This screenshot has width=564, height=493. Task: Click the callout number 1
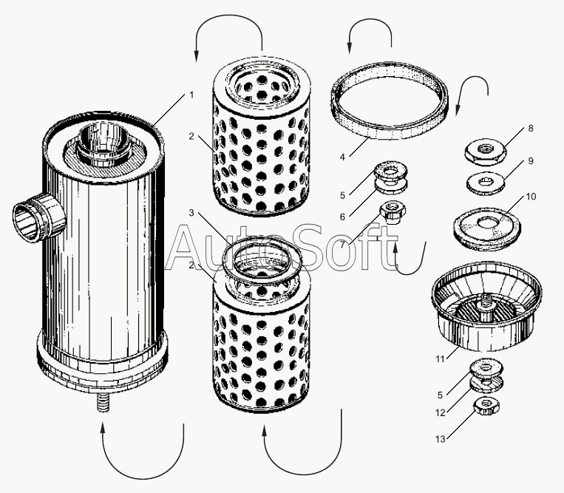pyautogui.click(x=191, y=95)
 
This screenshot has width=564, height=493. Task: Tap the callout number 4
pyautogui.click(x=342, y=157)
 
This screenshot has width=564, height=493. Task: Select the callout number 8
pyautogui.click(x=531, y=129)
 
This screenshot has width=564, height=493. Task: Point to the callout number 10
pyautogui.click(x=531, y=197)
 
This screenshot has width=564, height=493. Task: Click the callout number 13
pyautogui.click(x=441, y=439)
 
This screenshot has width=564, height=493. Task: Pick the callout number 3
pyautogui.click(x=191, y=213)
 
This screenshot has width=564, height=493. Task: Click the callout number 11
pyautogui.click(x=440, y=359)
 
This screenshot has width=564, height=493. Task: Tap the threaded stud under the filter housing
pyautogui.click(x=103, y=403)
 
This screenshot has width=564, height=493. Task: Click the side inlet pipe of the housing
pyautogui.click(x=39, y=218)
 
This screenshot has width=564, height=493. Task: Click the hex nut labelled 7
pyautogui.click(x=393, y=212)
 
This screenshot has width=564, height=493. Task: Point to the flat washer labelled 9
pyautogui.click(x=485, y=183)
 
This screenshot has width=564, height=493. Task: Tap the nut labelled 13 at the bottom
pyautogui.click(x=486, y=406)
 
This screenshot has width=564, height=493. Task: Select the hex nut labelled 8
pyautogui.click(x=485, y=152)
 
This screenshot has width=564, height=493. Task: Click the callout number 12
pyautogui.click(x=441, y=413)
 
